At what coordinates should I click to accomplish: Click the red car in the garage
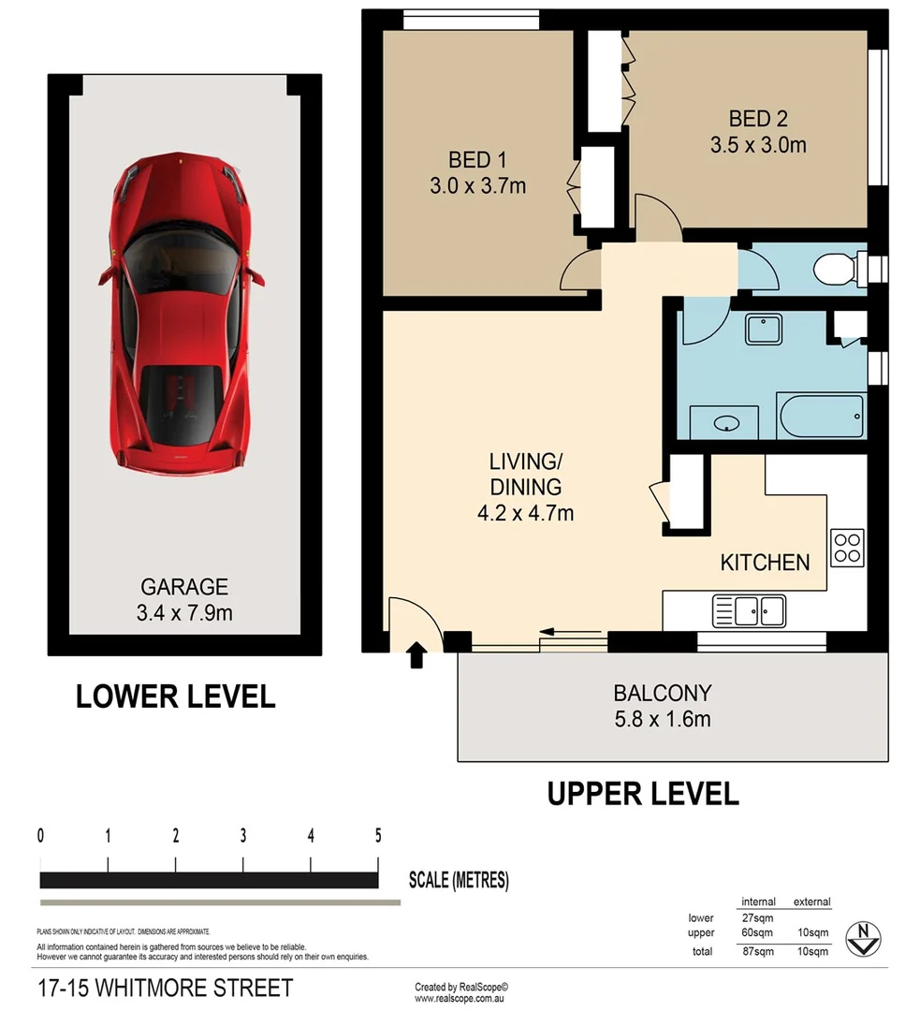pyautogui.click(x=181, y=314)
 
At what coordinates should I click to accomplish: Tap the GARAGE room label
pyautogui.click(x=184, y=587)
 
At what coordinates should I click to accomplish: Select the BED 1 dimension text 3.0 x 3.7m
pyautogui.click(x=477, y=185)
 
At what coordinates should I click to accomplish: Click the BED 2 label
pyautogui.click(x=758, y=119)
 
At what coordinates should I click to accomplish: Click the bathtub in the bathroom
pyautogui.click(x=820, y=415)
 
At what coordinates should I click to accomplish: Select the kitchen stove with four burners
pyautogui.click(x=847, y=547)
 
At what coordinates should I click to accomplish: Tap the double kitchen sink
pyautogui.click(x=749, y=611)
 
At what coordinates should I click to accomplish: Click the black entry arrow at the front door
pyautogui.click(x=416, y=656)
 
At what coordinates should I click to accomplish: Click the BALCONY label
pyautogui.click(x=662, y=694)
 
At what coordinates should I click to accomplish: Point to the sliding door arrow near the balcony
pyautogui.click(x=571, y=631)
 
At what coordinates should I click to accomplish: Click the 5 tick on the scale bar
pyautogui.click(x=378, y=836)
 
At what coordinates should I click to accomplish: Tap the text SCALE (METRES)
pyautogui.click(x=459, y=880)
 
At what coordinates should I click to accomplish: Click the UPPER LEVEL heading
pyautogui.click(x=642, y=794)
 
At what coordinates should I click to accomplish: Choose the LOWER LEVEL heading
pyautogui.click(x=175, y=696)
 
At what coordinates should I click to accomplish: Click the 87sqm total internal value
pyautogui.click(x=757, y=951)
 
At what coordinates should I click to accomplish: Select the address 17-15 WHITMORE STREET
pyautogui.click(x=165, y=988)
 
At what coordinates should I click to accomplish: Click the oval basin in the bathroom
pyautogui.click(x=726, y=424)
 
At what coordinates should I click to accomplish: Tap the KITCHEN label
pyautogui.click(x=765, y=562)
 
